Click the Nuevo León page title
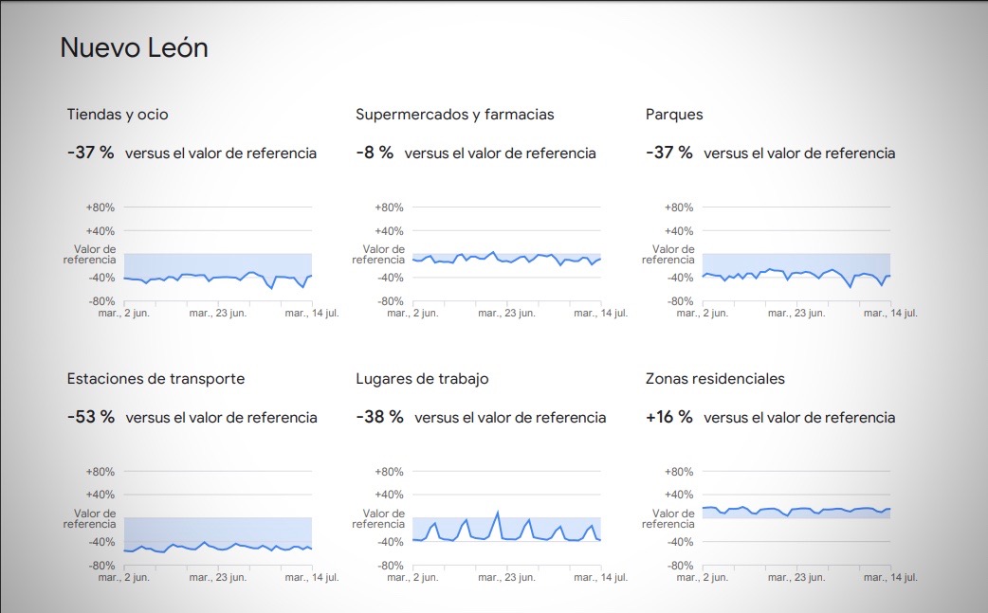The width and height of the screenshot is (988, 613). coord(134,48)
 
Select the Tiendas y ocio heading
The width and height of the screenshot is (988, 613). coord(118,115)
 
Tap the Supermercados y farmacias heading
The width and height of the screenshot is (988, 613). coord(454,115)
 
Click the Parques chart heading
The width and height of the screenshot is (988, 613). coord(674,115)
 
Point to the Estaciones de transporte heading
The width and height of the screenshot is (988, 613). coord(156,379)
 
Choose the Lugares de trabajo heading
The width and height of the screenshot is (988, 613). coord(422,379)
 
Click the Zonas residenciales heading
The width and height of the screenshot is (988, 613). coord(715,379)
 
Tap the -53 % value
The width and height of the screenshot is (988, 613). coord(91,417)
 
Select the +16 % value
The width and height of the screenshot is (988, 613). coord(669,417)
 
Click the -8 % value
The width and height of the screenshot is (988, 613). coord(375,153)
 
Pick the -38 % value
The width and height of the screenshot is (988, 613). coord(380,417)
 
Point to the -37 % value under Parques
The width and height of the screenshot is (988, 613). coord(669,153)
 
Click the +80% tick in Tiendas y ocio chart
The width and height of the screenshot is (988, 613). coord(101,207)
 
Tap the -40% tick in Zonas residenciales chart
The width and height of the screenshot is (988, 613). coord(680,542)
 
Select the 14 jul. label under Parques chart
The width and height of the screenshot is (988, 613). coord(890,313)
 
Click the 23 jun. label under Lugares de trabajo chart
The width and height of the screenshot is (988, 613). coord(506,577)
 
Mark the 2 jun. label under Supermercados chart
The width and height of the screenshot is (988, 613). coord(412,313)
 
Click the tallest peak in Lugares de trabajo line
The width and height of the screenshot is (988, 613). coord(498,513)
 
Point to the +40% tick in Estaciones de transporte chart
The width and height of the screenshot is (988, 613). coord(101,495)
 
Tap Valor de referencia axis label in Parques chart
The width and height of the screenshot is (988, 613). coord(668,254)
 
